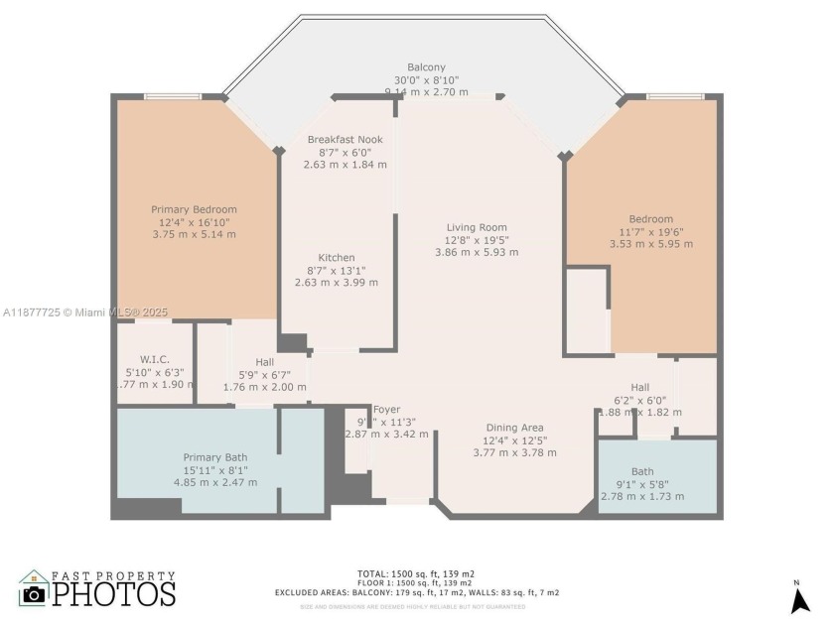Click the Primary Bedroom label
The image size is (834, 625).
tap(194, 209)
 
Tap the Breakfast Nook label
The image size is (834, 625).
tap(345, 140)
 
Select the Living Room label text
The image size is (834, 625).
tap(477, 227)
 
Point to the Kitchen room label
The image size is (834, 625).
tap(336, 258)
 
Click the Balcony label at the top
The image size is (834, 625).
tap(426, 67)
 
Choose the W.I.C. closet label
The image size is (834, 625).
tap(155, 359)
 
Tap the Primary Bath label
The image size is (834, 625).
tap(214, 457)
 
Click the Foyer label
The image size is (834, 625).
tap(386, 409)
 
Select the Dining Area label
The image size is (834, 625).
tap(514, 428)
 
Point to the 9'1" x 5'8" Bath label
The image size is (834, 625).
tap(656, 471)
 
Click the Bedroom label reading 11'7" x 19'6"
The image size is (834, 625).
tap(650, 219)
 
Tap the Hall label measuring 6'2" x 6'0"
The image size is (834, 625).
tap(639, 387)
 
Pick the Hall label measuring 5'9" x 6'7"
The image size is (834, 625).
tap(264, 362)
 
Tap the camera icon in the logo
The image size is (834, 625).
tap(34, 593)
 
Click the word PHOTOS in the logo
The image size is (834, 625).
tap(113, 593)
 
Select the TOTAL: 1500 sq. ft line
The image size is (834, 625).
tap(416, 573)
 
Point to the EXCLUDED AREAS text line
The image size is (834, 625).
tap(416, 592)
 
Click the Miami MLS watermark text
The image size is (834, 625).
tap(85, 312)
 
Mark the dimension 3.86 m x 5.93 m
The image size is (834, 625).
tap(477, 252)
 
